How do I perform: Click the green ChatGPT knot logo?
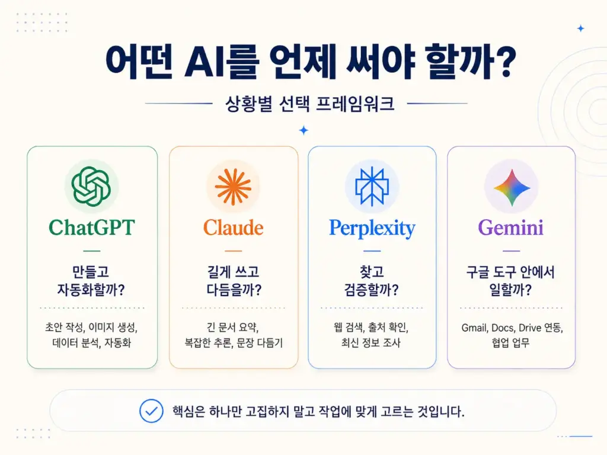[91, 186]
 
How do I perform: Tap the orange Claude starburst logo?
[233, 187]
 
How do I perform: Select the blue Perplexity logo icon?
[372, 187]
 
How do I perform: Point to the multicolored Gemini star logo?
[512, 188]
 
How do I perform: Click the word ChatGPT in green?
[92, 227]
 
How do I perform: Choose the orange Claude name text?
[234, 227]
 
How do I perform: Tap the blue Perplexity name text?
[372, 229]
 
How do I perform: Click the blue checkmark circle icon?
[151, 411]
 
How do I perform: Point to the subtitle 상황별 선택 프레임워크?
[309, 104]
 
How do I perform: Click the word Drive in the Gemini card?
[530, 328]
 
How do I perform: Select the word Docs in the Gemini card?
[503, 328]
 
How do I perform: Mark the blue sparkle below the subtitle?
[304, 130]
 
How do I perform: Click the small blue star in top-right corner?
[581, 28]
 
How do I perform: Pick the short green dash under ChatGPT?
[92, 251]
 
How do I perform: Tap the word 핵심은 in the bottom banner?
[189, 411]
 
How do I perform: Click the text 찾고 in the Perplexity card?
[372, 272]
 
